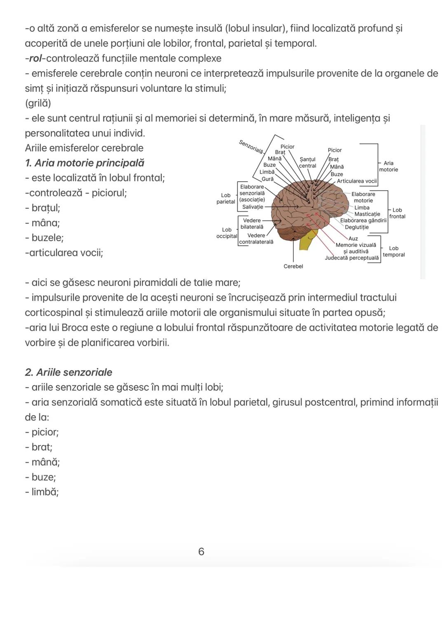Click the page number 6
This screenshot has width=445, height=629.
pos(201,552)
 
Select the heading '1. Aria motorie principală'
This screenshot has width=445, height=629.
pos(84,163)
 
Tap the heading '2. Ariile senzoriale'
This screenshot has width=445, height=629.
pos(68,372)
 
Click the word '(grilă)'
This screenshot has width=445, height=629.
pos(38,103)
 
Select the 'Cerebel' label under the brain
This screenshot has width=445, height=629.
pos(293,266)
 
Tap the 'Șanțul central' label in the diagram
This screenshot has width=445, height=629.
pos(307,163)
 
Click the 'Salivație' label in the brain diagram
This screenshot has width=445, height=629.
pos(253,207)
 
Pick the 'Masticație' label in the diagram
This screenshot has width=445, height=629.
pos(367,214)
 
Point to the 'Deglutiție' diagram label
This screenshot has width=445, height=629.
pos(356,227)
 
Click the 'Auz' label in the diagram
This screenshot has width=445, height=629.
pos(353,238)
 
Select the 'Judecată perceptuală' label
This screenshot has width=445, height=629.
pos(351,258)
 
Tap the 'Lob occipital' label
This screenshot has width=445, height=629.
pos(227,233)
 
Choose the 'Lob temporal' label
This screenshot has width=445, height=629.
pos(393,252)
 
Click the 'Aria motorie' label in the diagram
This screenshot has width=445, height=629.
pos(388,166)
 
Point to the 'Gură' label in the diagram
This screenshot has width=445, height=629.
pos(267,179)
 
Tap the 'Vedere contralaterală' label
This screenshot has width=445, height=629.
pos(256,239)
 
